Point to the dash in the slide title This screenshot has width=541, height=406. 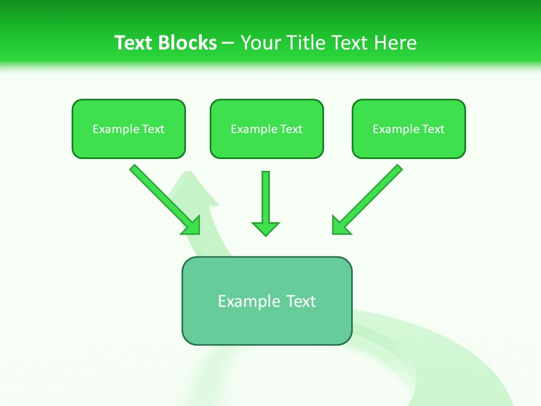click(x=228, y=43)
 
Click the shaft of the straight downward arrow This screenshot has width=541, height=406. click(x=265, y=195)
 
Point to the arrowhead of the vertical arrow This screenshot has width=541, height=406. click(x=265, y=228)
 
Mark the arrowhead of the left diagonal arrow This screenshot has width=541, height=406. click(x=192, y=226)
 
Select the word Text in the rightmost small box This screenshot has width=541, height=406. click(x=433, y=129)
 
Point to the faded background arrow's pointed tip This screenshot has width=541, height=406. click(x=189, y=173)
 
